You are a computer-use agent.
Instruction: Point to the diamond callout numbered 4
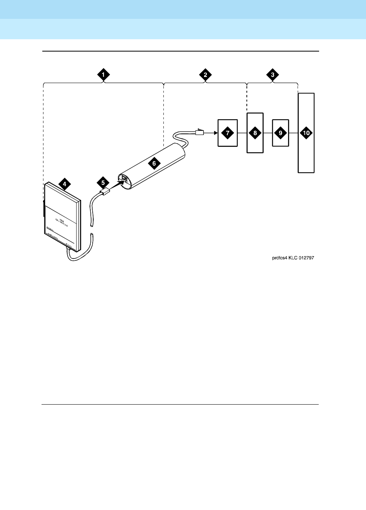click(x=65, y=184)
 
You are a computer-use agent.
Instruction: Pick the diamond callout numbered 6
click(x=154, y=163)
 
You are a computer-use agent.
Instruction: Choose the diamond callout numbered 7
click(x=228, y=133)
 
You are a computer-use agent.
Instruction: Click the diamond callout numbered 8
click(x=255, y=133)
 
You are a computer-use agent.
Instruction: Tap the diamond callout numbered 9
click(x=280, y=133)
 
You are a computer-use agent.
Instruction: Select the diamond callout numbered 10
click(x=306, y=133)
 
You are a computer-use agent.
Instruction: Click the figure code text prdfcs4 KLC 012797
click(x=293, y=258)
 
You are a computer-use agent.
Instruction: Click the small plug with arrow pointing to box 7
click(x=200, y=132)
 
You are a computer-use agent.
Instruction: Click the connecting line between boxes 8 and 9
click(x=268, y=133)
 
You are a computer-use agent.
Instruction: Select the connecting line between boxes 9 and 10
click(x=293, y=133)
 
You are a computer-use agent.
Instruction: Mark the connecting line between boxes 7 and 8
click(x=242, y=133)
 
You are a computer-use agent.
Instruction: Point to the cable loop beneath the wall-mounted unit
click(x=79, y=257)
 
